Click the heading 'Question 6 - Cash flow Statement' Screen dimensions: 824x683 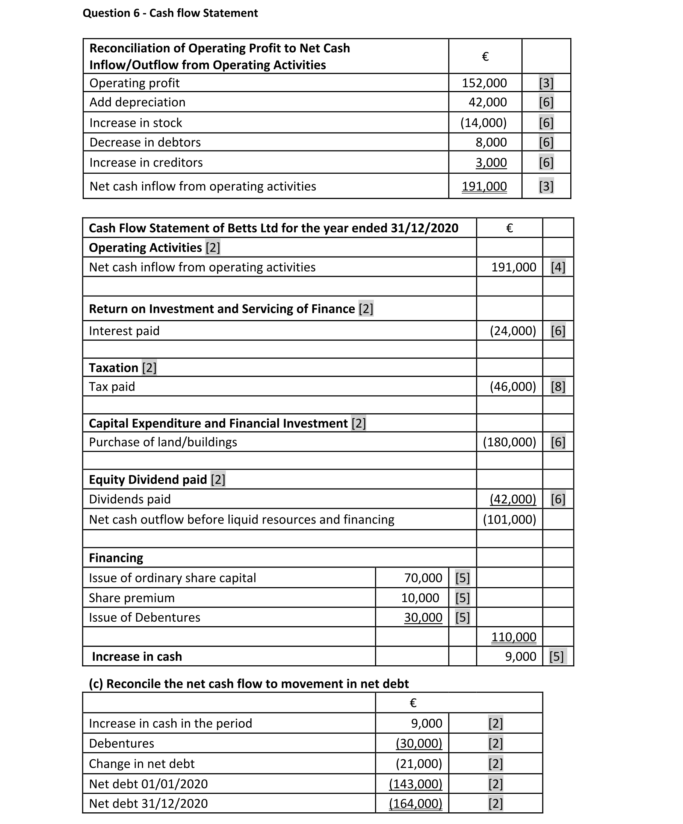coord(170,13)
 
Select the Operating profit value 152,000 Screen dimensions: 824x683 coord(484,83)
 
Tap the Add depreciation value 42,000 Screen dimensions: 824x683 coord(488,102)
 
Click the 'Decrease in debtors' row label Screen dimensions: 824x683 coord(145,142)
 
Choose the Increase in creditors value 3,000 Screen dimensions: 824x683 coord(491,162)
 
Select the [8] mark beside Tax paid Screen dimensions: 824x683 coord(558,387)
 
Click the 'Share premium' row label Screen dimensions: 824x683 coord(132,598)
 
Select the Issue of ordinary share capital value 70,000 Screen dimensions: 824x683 coord(423,578)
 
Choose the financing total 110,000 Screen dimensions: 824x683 coord(514,636)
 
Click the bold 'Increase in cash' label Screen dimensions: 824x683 coord(137,656)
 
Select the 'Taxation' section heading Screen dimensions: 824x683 coord(114,368)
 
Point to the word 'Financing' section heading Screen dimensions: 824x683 coord(116,558)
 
